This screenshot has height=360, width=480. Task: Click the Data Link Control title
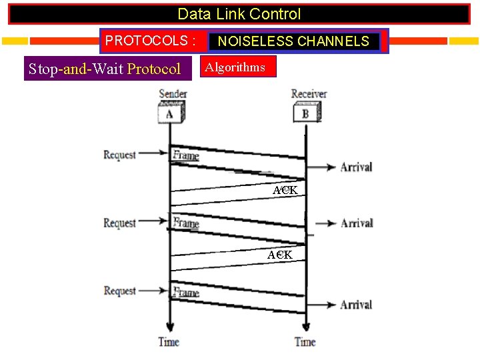(x=239, y=14)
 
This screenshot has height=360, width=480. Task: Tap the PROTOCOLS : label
(x=150, y=41)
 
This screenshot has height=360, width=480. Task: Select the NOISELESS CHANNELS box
(x=293, y=41)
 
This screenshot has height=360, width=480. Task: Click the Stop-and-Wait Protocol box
(x=105, y=69)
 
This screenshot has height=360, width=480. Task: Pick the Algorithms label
(x=235, y=67)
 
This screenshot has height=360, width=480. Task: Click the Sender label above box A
(x=173, y=94)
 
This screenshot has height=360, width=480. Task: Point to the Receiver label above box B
(x=309, y=94)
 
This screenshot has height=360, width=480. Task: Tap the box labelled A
(x=170, y=114)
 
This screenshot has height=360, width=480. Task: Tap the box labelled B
(x=305, y=113)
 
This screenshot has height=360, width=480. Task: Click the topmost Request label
(x=119, y=155)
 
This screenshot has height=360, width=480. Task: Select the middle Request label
(x=119, y=223)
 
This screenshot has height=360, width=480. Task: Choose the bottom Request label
(x=119, y=291)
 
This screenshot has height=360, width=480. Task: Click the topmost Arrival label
(x=356, y=167)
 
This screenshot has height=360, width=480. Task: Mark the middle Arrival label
(x=356, y=223)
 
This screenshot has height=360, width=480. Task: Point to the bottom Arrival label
(x=356, y=305)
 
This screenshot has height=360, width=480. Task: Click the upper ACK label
(x=285, y=191)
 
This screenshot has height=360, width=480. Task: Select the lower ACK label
(x=280, y=255)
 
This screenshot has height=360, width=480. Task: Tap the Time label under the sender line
(x=169, y=342)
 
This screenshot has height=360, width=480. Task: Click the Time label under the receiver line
(x=305, y=342)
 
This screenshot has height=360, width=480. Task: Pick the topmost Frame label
(x=185, y=155)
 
